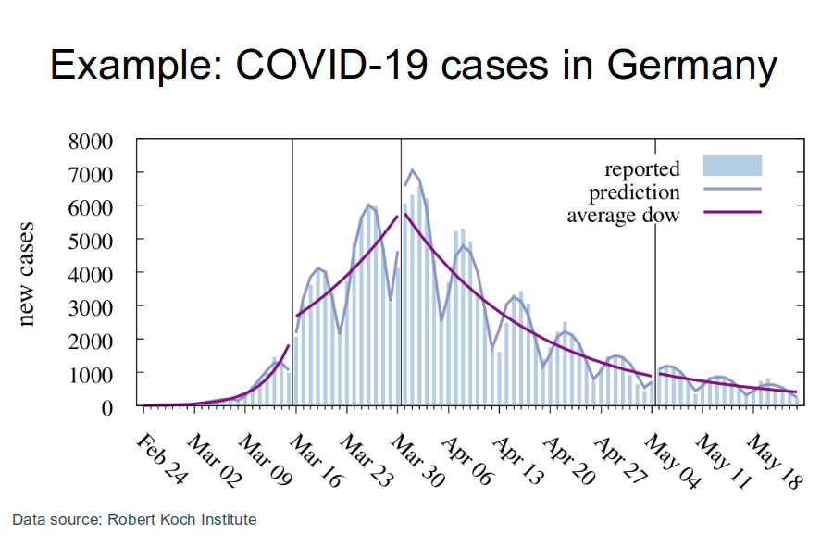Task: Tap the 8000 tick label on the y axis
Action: click(x=91, y=142)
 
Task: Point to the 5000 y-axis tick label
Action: click(x=91, y=241)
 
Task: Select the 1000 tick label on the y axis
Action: click(x=91, y=374)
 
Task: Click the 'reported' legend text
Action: click(x=641, y=169)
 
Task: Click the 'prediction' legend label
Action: click(x=634, y=193)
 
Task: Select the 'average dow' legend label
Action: click(x=623, y=216)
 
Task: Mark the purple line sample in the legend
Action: click(x=732, y=212)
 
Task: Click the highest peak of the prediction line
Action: click(x=413, y=170)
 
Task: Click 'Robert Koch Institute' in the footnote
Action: click(x=181, y=519)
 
